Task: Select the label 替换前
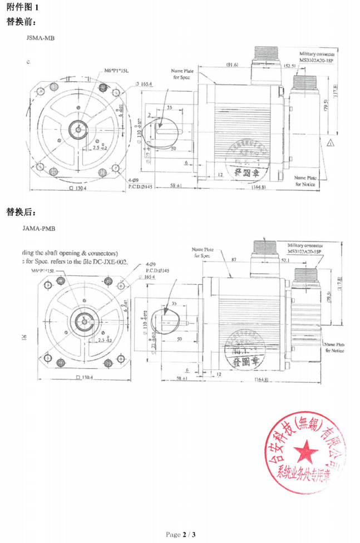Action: click(21, 22)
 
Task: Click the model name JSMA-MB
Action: click(40, 38)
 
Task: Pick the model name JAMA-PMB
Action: click(39, 228)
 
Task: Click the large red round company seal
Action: click(308, 453)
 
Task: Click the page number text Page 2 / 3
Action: click(181, 535)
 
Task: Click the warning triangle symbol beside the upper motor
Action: click(331, 144)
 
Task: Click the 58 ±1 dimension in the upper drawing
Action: click(178, 185)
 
